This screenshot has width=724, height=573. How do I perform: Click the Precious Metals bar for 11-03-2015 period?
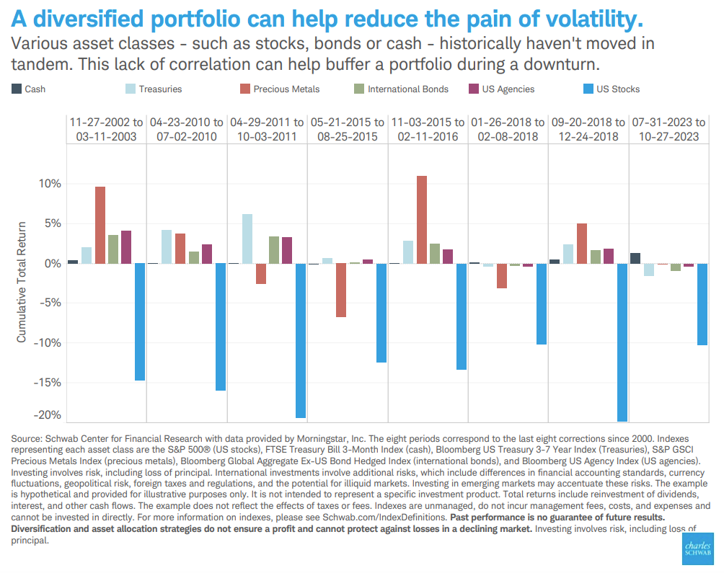[422, 220]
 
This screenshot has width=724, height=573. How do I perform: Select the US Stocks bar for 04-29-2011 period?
[301, 340]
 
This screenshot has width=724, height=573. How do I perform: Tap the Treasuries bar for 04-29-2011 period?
[247, 239]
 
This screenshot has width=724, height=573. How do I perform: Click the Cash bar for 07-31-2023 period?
[635, 258]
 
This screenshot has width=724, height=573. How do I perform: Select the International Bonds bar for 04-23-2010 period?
[193, 257]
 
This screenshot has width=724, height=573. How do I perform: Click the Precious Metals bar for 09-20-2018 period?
[582, 244]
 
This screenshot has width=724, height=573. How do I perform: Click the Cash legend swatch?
[16, 89]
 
